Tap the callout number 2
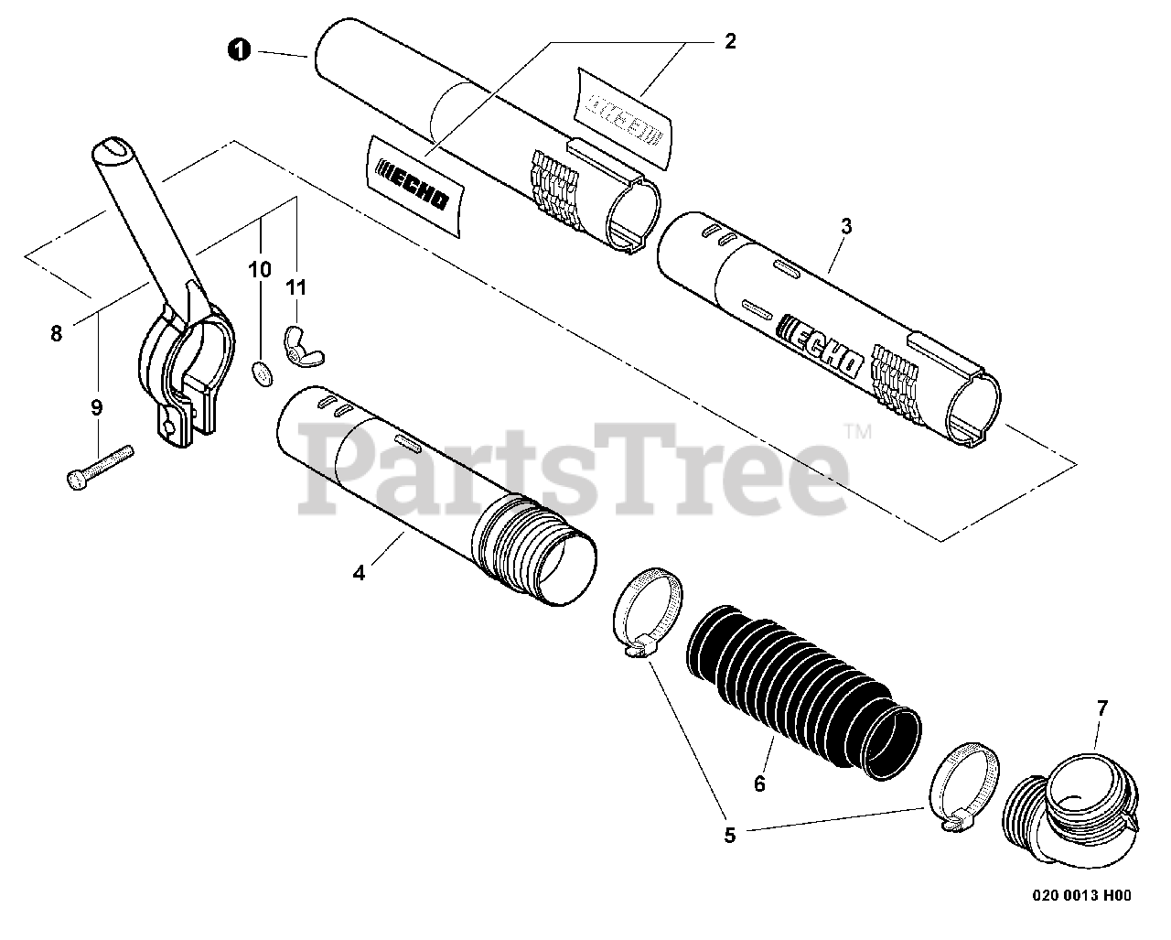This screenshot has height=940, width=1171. (729, 41)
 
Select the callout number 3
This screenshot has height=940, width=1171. (845, 227)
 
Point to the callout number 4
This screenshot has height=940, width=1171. (359, 573)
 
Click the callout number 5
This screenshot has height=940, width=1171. (729, 834)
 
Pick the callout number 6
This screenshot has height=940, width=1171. (758, 783)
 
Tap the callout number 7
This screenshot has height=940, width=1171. (1101, 708)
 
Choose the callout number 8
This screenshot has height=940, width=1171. (57, 334)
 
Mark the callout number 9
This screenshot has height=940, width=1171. (97, 408)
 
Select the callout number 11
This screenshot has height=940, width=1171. (295, 287)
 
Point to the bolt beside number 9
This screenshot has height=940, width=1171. (100, 465)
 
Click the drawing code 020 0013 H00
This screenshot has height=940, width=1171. (1087, 896)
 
